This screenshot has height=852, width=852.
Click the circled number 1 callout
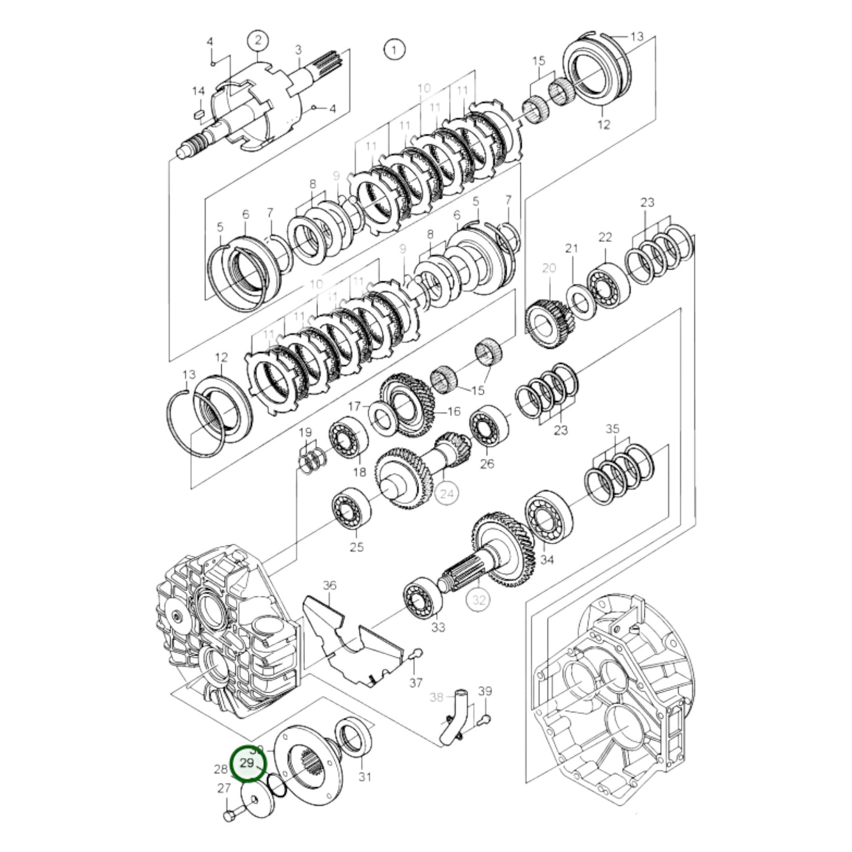[394, 49]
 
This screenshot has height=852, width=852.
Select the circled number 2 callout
[258, 40]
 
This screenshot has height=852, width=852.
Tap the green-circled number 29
[248, 763]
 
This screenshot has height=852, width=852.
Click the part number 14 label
[198, 91]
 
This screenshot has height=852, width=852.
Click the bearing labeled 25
[351, 507]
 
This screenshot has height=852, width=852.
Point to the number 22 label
[605, 237]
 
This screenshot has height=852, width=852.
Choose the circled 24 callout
[447, 494]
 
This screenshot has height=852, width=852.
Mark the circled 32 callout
[478, 600]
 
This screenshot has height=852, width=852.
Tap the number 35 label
[613, 429]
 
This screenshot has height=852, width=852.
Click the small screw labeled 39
[483, 719]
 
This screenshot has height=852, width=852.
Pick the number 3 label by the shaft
[298, 50]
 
